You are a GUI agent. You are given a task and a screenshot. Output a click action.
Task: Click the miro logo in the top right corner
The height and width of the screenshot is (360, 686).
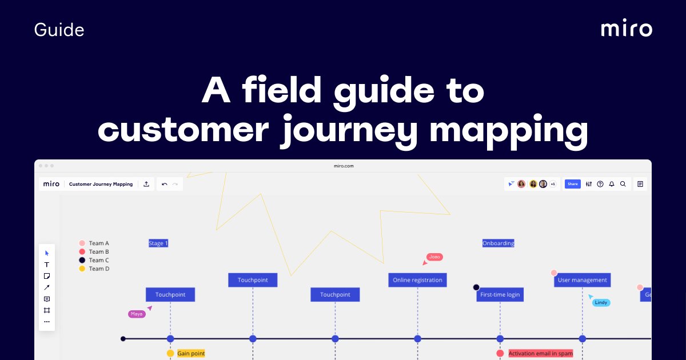(626, 29)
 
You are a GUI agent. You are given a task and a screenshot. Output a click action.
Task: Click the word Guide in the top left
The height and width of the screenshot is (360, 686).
(59, 30)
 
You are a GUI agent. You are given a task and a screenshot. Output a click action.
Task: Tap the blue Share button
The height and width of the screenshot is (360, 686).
(572, 184)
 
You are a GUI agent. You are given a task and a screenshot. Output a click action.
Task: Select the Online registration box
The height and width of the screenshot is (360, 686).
(417, 280)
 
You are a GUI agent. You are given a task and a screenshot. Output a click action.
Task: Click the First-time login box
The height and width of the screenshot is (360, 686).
(500, 295)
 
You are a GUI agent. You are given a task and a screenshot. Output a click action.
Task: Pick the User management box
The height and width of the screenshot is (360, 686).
(582, 280)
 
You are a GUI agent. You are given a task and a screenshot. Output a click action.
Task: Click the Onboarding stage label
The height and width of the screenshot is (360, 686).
(498, 243)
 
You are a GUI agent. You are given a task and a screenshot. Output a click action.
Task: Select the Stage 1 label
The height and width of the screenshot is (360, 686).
(158, 243)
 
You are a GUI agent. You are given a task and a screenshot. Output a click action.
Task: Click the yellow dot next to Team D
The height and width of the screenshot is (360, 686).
(82, 269)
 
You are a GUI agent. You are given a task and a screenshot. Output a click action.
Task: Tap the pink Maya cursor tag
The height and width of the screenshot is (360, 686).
(137, 314)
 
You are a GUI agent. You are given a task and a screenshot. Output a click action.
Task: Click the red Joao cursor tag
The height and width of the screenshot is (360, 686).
(434, 257)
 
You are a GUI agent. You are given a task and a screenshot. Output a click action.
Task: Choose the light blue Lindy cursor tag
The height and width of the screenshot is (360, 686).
(601, 302)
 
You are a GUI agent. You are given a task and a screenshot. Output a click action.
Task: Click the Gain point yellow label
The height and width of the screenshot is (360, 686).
(191, 354)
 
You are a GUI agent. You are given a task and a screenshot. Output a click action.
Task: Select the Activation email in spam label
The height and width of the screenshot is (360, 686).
(540, 354)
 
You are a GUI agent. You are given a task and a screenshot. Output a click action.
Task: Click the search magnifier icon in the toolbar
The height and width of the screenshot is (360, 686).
(623, 184)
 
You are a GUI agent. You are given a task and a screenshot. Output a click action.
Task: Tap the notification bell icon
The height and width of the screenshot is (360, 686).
(611, 184)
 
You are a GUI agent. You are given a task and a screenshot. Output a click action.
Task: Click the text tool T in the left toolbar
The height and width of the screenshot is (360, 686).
(47, 265)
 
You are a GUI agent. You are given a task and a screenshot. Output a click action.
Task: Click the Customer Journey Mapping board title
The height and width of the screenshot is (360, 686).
(101, 184)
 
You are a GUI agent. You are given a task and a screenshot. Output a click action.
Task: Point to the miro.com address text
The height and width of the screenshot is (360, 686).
(344, 166)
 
